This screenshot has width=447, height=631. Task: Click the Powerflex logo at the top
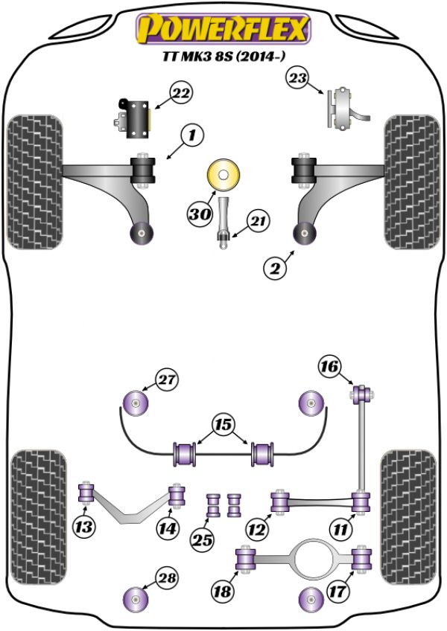221,29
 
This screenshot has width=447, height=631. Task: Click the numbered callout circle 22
181,94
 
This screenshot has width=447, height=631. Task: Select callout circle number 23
298,77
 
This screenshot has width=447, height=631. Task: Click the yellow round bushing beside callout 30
223,177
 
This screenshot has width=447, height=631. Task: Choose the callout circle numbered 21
258,221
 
